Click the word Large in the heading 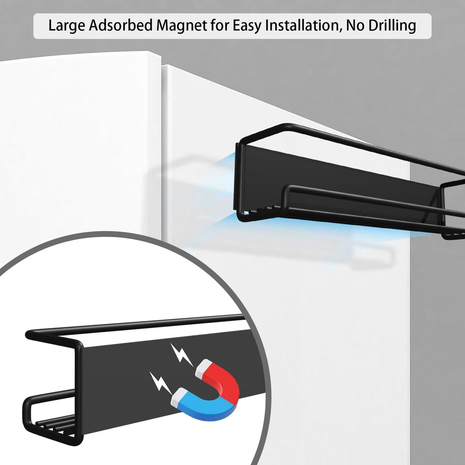click(67, 25)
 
